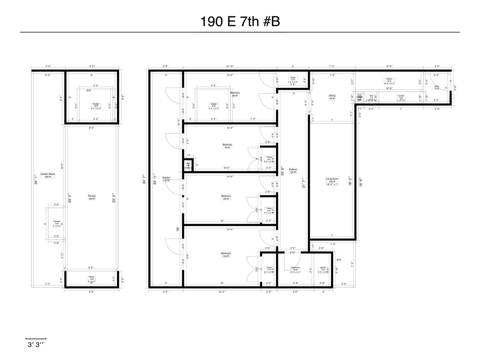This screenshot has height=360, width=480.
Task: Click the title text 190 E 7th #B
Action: point(240,22)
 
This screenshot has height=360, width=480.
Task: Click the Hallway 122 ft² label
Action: point(293,171)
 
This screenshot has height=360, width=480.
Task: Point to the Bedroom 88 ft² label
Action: point(235,94)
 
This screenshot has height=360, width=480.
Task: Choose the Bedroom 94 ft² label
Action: point(227,146)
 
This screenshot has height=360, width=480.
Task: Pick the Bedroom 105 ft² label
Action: point(226,198)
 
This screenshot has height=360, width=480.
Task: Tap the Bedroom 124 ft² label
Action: point(226,255)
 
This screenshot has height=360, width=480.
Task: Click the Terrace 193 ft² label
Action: point(92,198)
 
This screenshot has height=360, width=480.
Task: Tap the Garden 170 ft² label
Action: point(166,179)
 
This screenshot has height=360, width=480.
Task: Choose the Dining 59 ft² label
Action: point(332,97)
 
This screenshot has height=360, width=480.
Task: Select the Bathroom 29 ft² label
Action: point(296,269)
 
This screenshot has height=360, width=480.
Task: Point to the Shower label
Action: point(323,269)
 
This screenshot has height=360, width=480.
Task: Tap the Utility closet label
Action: point(188,164)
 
